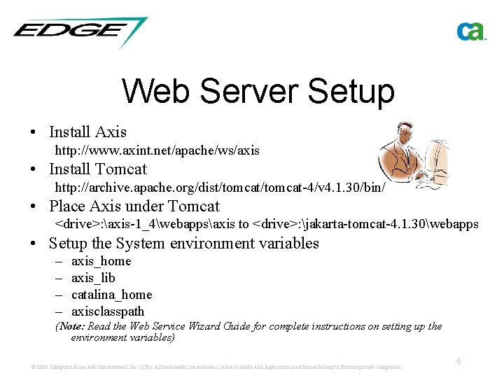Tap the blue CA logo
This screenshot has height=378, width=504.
(x=471, y=31)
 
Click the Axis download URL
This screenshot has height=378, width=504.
(x=157, y=150)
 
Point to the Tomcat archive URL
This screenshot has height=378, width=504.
(x=220, y=187)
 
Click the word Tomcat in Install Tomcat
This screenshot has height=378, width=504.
(x=121, y=169)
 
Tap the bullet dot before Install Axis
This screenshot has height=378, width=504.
(x=34, y=132)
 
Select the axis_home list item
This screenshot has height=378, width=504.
(x=101, y=261)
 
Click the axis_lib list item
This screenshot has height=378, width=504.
(x=93, y=278)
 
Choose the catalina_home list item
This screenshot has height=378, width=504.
(x=111, y=295)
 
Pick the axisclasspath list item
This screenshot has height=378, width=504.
(x=108, y=311)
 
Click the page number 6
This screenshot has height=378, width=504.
(x=458, y=362)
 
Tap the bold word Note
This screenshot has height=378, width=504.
(x=72, y=326)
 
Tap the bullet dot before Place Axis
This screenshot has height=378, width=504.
(x=34, y=207)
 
